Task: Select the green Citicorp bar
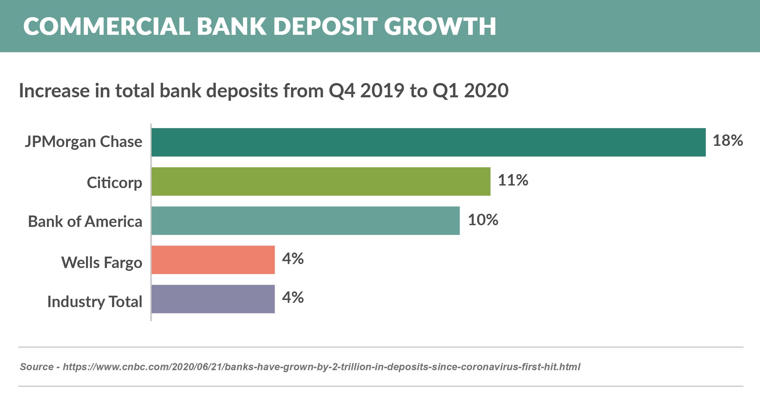point(321,181)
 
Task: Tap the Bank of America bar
point(305,221)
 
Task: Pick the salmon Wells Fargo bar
point(213,259)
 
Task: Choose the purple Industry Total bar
point(213,299)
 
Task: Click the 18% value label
point(727,140)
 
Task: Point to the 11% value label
point(513,180)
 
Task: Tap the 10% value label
point(483,220)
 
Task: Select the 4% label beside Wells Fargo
point(293,259)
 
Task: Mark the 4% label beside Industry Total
point(293,297)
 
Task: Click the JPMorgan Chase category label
point(84,142)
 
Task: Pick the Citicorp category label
point(114,182)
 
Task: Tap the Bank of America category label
point(85,221)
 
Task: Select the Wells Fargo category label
point(102,263)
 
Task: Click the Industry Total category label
point(95,302)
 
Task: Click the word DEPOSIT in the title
point(325,27)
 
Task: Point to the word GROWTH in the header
point(440,27)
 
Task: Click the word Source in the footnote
point(37,367)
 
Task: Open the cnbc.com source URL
point(321,367)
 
